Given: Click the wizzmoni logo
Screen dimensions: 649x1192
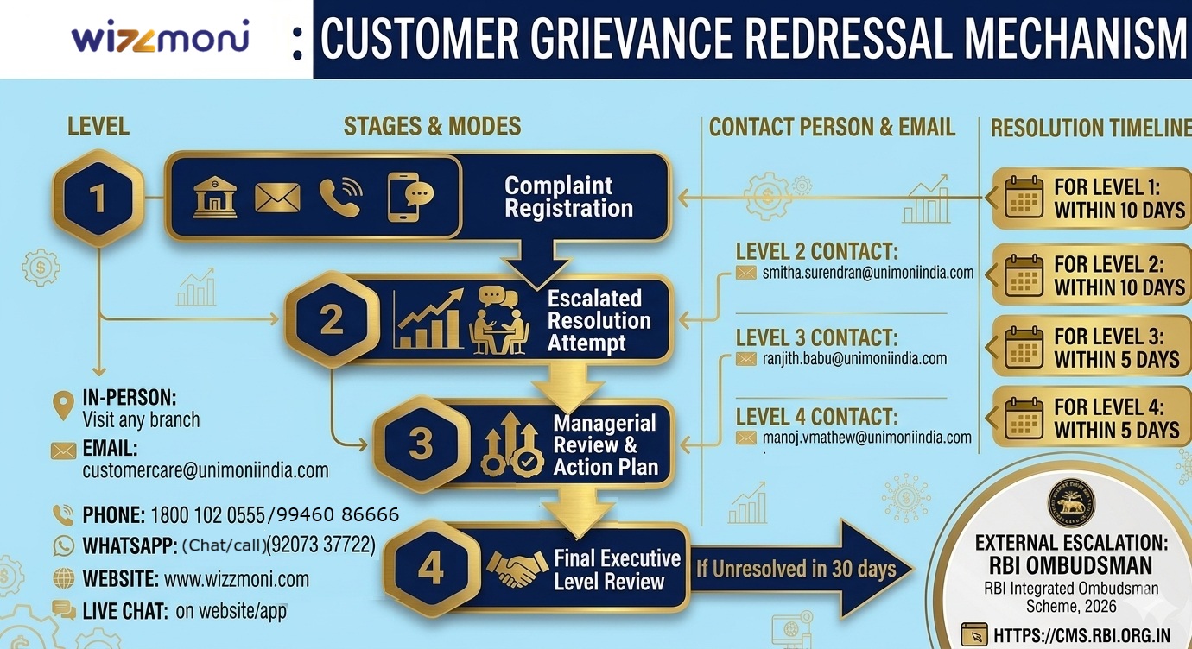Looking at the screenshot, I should (160, 39).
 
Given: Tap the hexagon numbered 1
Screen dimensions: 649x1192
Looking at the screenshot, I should (98, 198).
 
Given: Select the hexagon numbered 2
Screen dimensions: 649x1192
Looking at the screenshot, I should (332, 319).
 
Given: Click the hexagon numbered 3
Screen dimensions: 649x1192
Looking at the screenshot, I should (421, 444).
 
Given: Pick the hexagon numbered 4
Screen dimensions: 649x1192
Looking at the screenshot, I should (430, 568).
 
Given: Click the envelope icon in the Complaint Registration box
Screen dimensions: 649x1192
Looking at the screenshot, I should (277, 198).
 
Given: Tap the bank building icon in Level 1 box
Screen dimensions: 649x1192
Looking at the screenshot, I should (215, 198).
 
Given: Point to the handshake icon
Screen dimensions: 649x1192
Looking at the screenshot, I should (517, 567).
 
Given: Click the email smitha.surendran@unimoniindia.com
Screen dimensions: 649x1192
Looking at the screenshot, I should (867, 273).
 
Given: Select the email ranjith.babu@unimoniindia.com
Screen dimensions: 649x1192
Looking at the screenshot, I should (854, 358).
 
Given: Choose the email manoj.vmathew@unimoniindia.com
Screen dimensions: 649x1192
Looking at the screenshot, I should (866, 438).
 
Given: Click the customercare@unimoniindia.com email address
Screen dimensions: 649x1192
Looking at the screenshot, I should (206, 470).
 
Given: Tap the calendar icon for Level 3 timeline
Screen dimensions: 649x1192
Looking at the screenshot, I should (1024, 347).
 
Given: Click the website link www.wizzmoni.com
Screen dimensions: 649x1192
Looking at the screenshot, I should (236, 578).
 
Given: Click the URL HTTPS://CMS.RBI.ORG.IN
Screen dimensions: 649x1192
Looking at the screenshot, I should (1081, 636).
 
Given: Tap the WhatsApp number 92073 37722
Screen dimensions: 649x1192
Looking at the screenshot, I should (321, 545).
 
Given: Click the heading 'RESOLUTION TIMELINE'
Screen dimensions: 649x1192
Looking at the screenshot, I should (1090, 129).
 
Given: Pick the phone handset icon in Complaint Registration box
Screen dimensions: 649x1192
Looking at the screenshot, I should (340, 198).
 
